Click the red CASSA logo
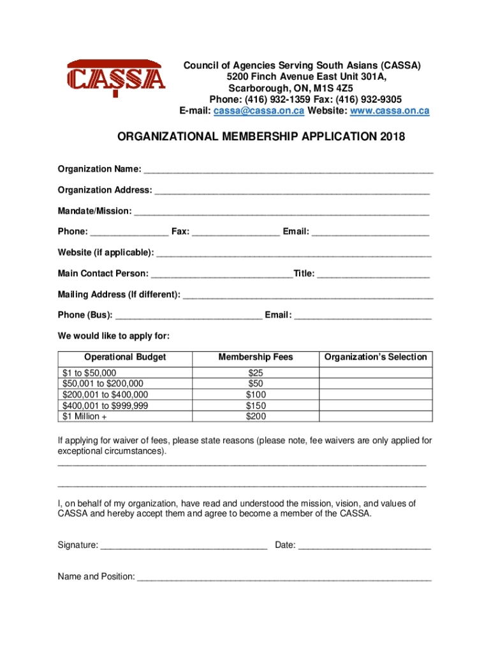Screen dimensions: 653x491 coord(117,78)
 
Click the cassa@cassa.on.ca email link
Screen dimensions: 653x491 coord(258,110)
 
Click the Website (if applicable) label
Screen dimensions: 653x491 coord(105,253)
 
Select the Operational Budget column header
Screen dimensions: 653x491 coord(125,357)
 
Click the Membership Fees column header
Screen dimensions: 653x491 coord(256,357)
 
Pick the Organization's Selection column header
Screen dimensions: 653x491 coord(376,357)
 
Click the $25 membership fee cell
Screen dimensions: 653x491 coord(256,372)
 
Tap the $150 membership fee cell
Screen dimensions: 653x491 coord(256,406)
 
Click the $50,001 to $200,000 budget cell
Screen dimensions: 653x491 coord(103,383)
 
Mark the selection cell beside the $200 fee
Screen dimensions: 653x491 coord(376,416)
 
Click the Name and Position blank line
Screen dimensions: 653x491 coord(284,578)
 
